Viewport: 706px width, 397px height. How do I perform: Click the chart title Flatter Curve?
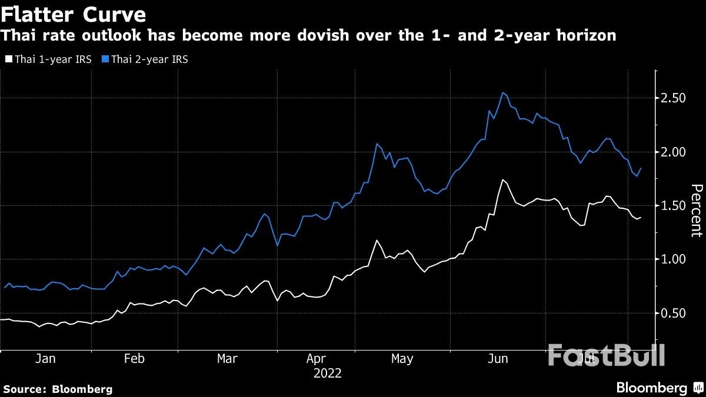74,13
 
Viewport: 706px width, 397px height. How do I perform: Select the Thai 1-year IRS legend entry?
48,59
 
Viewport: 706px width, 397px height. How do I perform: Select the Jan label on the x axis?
45,359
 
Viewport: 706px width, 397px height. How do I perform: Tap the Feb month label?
135,359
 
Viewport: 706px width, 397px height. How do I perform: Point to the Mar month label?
227,359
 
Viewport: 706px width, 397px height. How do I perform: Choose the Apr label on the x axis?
316,359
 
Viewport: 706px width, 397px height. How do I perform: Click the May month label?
402,359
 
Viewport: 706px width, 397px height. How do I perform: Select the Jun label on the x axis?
498,359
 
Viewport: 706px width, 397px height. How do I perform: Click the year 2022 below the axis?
328,373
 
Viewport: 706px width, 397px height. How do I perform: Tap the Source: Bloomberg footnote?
58,389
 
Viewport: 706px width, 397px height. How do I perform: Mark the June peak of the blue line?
503,93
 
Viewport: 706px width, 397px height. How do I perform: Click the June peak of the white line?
503,180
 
